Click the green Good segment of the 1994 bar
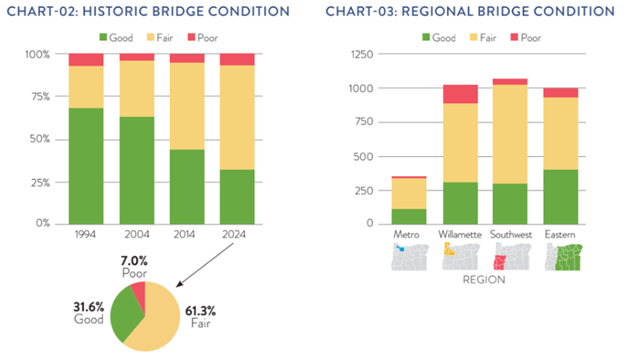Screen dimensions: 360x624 pos(86,165)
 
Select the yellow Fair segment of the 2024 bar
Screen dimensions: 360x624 pos(237,118)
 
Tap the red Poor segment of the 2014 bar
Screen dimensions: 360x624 pos(186,58)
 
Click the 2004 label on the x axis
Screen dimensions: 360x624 pos(136,235)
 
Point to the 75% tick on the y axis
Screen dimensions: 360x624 pos(38,97)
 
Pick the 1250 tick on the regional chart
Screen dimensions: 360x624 pos(362,54)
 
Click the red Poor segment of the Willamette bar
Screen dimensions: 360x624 pos(460,94)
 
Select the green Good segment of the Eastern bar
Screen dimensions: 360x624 pos(560,196)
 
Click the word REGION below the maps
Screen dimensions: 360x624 pos(485,281)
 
